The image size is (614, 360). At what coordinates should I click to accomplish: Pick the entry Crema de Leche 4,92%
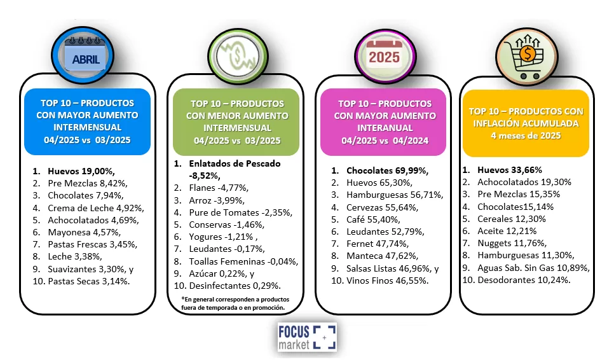tap(88, 207)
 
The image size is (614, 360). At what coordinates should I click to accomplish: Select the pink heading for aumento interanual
tap(383, 122)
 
